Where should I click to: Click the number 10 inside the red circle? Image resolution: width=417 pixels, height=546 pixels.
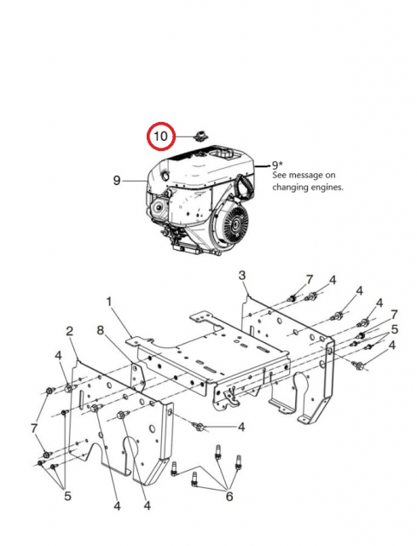[160, 136]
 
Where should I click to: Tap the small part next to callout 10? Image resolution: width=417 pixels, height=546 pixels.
[201, 134]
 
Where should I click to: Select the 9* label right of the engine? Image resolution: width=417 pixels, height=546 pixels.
[276, 164]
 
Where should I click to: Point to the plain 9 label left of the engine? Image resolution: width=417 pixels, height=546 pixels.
[117, 180]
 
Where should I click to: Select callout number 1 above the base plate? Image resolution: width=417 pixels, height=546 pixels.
[109, 301]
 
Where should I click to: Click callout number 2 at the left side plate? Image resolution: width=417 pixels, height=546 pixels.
[70, 330]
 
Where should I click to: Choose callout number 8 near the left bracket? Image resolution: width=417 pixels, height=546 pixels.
[100, 329]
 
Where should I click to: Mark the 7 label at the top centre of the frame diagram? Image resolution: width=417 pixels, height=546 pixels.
[310, 280]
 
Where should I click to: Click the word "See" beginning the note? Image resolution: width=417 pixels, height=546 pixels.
[280, 174]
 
